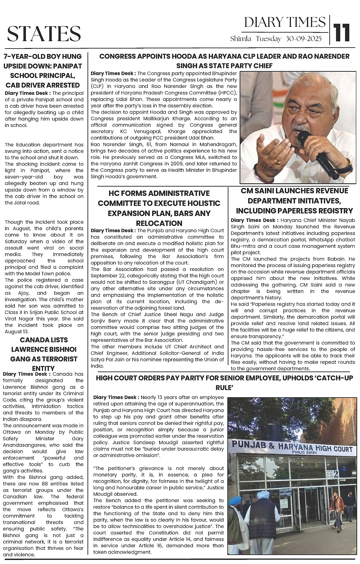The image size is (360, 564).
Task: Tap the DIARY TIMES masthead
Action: tap(285, 22)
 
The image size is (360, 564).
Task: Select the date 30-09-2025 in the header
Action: tap(303, 39)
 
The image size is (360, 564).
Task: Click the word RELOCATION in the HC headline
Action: tap(159, 223)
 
